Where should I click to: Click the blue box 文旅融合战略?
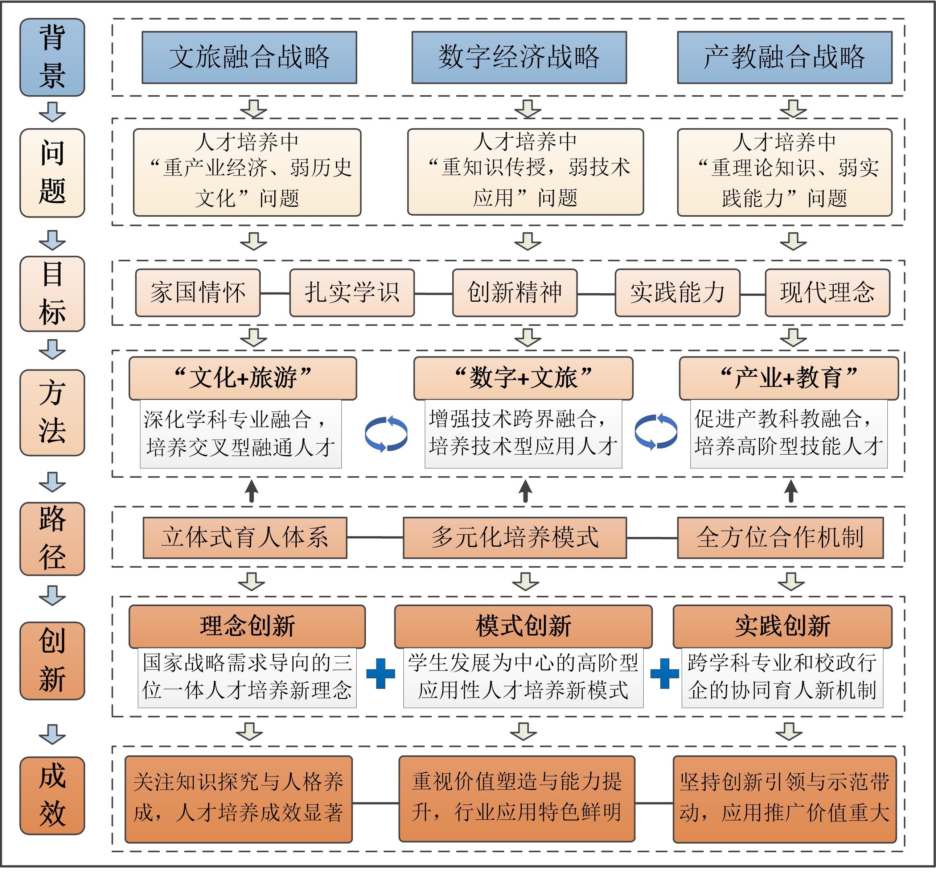[249, 57]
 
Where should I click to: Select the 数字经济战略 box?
[519, 57]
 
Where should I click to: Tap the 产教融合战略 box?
[784, 57]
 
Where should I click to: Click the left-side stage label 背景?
[52, 57]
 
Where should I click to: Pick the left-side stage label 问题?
[52, 173]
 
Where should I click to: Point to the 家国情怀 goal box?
[198, 293]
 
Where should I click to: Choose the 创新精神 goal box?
[514, 293]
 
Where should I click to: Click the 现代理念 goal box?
[827, 293]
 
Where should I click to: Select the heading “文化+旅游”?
[243, 378]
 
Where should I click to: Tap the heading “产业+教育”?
[789, 378]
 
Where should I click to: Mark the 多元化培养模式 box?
[514, 537]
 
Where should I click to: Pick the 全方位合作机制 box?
[780, 537]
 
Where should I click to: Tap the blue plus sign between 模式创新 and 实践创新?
[664, 673]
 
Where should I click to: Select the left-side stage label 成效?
[52, 796]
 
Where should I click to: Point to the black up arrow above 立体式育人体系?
[252, 491]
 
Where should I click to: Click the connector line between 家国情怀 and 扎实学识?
[275, 293]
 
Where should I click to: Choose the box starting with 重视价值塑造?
[517, 799]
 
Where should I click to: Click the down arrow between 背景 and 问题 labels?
[52, 112]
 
